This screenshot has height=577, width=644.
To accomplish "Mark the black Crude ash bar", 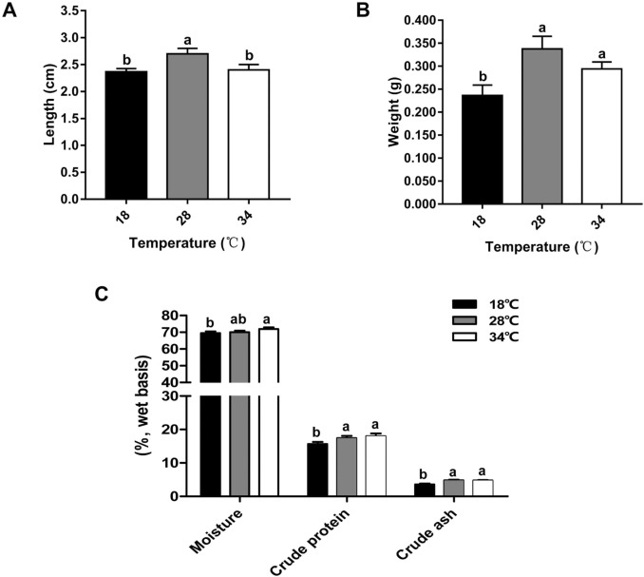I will click(425, 490).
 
